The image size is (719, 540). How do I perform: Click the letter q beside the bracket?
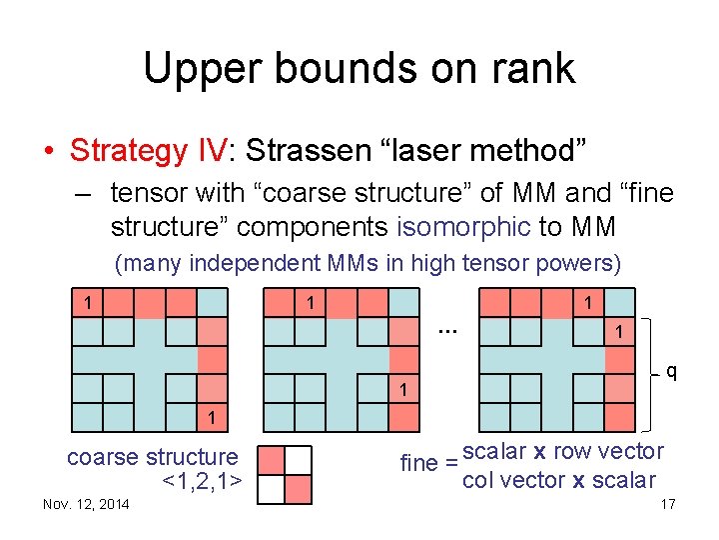pyautogui.click(x=672, y=373)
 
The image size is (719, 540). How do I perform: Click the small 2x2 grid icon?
pyautogui.click(x=285, y=473)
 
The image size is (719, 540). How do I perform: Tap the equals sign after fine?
pyautogui.click(x=451, y=464)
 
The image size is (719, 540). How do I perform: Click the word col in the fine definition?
pyautogui.click(x=479, y=480)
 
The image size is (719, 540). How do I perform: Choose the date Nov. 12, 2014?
pyautogui.click(x=86, y=504)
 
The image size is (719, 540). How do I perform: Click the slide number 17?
pyautogui.click(x=667, y=504)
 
